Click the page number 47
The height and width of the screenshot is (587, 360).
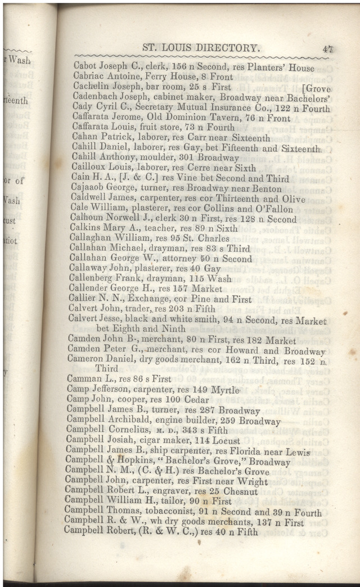coord(327,49)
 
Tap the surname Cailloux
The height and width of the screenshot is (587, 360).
coord(90,168)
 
